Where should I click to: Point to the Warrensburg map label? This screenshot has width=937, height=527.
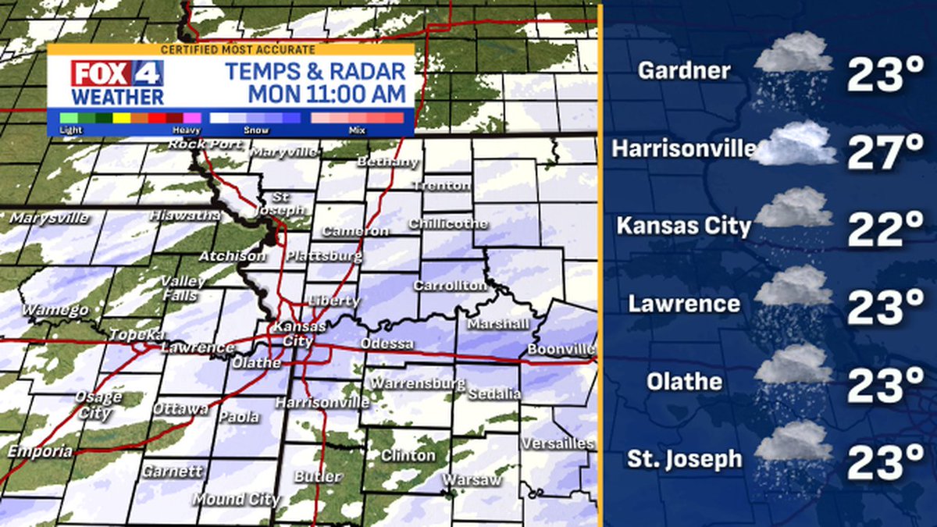tap(417, 383)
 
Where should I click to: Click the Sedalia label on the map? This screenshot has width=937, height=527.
tap(494, 393)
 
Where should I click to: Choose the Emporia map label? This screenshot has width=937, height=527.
tap(40, 451)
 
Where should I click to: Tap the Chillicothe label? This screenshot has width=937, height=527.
tap(448, 224)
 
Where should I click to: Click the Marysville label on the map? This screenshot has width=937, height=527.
tap(49, 218)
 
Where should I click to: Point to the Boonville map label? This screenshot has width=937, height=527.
tap(561, 349)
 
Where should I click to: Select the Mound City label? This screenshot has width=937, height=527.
tap(236, 499)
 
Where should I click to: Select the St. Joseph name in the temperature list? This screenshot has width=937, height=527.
tap(684, 459)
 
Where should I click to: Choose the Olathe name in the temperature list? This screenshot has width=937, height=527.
tap(684, 382)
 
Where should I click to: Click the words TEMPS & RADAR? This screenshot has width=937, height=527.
tap(315, 73)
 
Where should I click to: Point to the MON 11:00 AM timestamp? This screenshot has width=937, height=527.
tap(327, 95)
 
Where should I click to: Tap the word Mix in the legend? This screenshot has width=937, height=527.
tap(358, 130)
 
